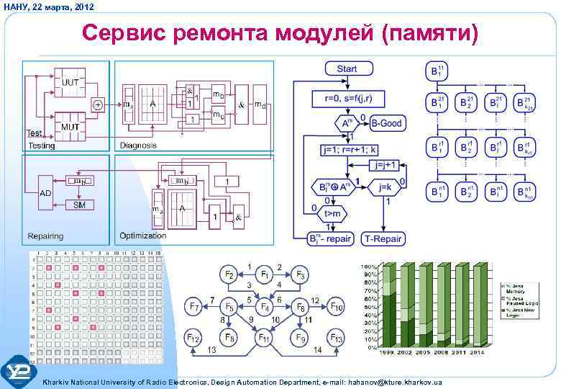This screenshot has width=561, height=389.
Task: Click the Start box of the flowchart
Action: tap(347, 69)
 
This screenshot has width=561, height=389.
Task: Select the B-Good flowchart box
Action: tap(386, 123)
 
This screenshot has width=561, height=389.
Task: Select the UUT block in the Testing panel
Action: tap(70, 83)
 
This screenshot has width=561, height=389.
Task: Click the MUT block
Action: tap(70, 127)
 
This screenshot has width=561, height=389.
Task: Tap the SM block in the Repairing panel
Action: tap(78, 205)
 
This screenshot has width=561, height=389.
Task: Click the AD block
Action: tap(45, 193)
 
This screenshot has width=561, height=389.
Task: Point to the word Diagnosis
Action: tap(138, 146)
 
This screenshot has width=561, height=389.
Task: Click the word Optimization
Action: tap(142, 236)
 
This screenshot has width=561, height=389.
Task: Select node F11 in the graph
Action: tap(265, 338)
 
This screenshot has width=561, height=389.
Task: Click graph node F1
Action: tap(265, 274)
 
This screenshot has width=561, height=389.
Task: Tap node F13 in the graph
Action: tap(337, 338)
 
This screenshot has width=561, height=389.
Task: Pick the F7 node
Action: tap(193, 307)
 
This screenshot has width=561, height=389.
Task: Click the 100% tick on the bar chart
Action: tap(370, 267)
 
